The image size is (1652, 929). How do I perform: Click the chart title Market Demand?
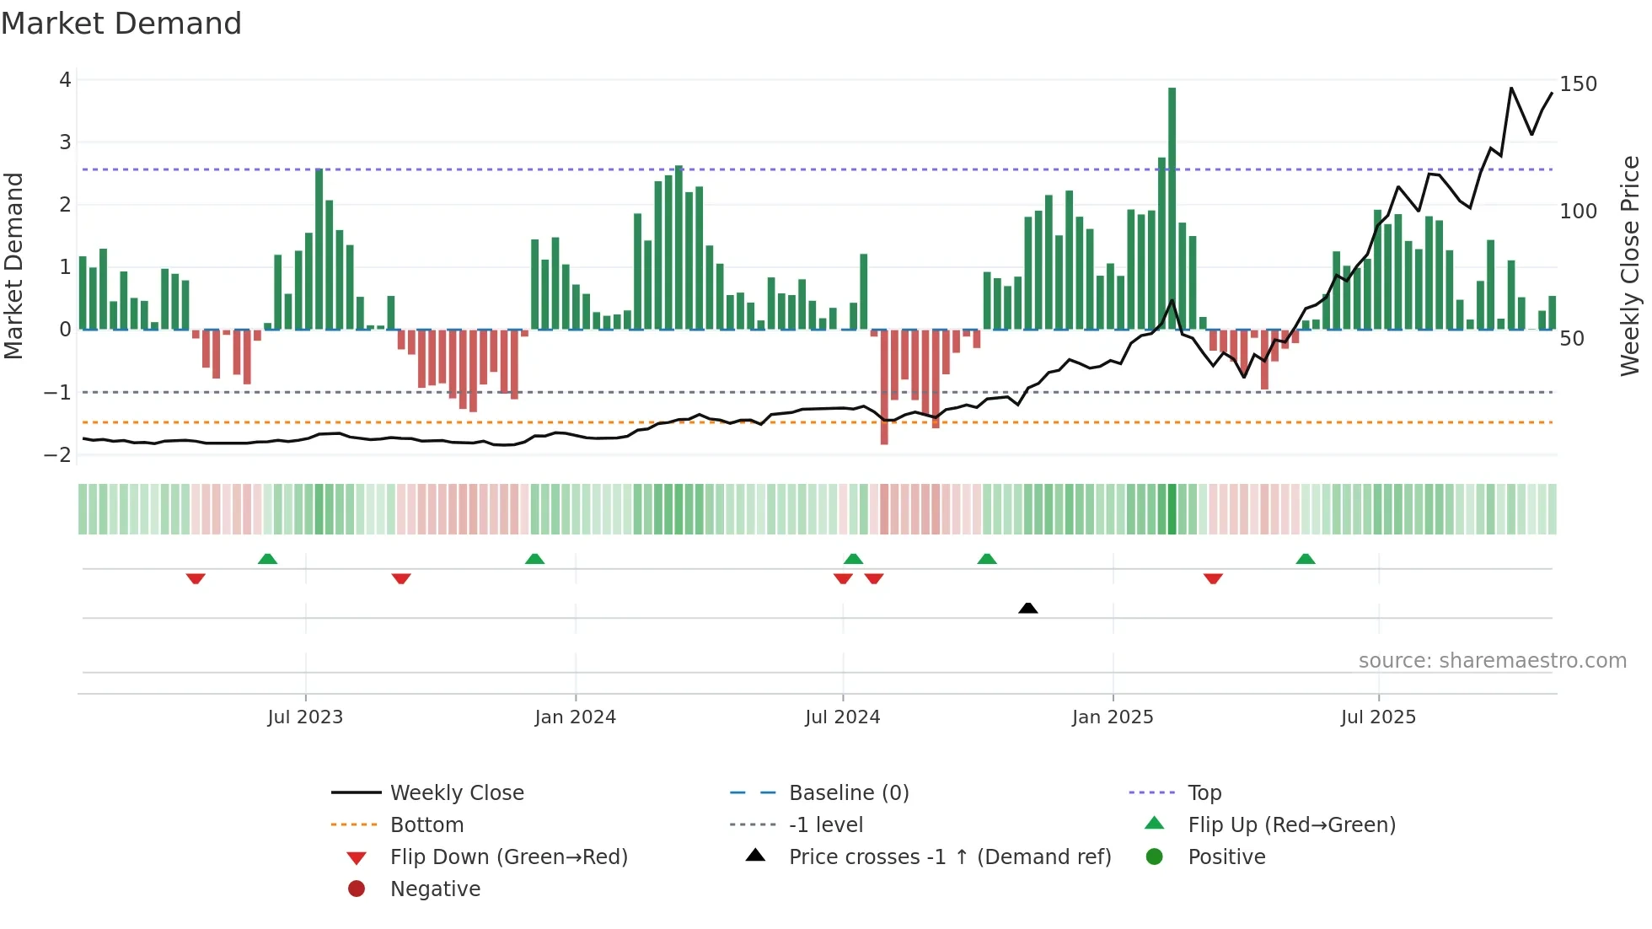[x=121, y=24]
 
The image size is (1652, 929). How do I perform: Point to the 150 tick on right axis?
[x=1578, y=84]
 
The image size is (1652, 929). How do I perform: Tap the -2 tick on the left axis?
[x=58, y=455]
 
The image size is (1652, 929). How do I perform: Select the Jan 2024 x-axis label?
[x=575, y=717]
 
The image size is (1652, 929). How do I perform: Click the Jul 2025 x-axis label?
[x=1378, y=717]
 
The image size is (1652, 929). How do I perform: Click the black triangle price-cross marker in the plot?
[x=1027, y=608]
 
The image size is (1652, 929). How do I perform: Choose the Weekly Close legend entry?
[x=456, y=793]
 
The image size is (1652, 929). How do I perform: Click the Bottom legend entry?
[x=426, y=825]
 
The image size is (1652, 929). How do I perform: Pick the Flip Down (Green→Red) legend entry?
[x=508, y=857]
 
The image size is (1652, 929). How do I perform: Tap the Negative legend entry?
[x=435, y=889]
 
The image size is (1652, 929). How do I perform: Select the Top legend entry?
[x=1204, y=793]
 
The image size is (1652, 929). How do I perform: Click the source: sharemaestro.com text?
[x=1492, y=661]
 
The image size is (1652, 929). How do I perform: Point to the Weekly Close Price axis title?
[x=1630, y=266]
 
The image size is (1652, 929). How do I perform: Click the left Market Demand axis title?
[x=13, y=266]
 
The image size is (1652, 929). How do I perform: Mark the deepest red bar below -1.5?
[x=884, y=388]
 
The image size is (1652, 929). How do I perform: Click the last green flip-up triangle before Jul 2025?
[x=1305, y=559]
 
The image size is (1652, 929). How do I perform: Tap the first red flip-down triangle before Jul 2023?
[x=196, y=578]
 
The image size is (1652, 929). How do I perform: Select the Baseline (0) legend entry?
[x=848, y=793]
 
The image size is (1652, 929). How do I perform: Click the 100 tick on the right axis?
[x=1578, y=212]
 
